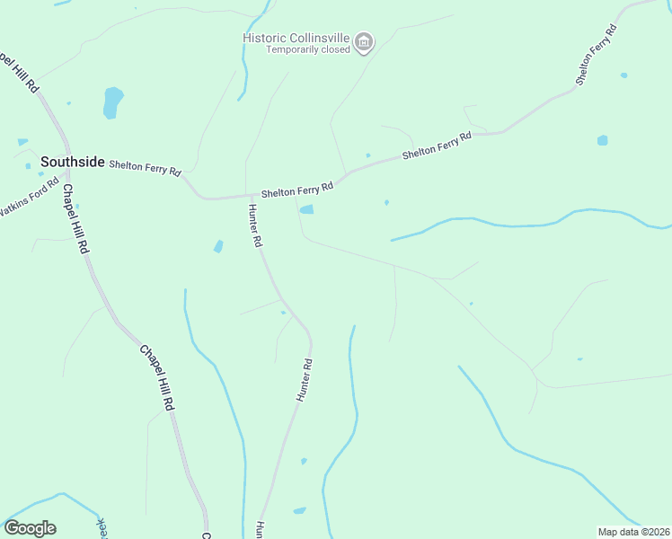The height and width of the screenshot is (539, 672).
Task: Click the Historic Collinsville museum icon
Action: click(364, 41)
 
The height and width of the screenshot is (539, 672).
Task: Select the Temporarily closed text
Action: click(307, 49)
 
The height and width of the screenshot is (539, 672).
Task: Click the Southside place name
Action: click(71, 163)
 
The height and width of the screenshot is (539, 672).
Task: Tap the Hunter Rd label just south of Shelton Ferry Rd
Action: click(254, 225)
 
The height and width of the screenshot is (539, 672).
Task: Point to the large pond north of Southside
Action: click(112, 102)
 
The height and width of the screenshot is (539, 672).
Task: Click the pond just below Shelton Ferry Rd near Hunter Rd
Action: click(307, 210)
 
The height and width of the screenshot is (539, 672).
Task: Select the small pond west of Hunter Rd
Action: click(218, 246)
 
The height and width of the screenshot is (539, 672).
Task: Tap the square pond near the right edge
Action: click(602, 140)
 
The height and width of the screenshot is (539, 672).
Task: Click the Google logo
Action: click(30, 528)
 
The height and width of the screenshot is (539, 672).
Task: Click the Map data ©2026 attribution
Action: click(633, 532)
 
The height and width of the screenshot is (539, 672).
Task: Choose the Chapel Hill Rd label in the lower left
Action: click(156, 377)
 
